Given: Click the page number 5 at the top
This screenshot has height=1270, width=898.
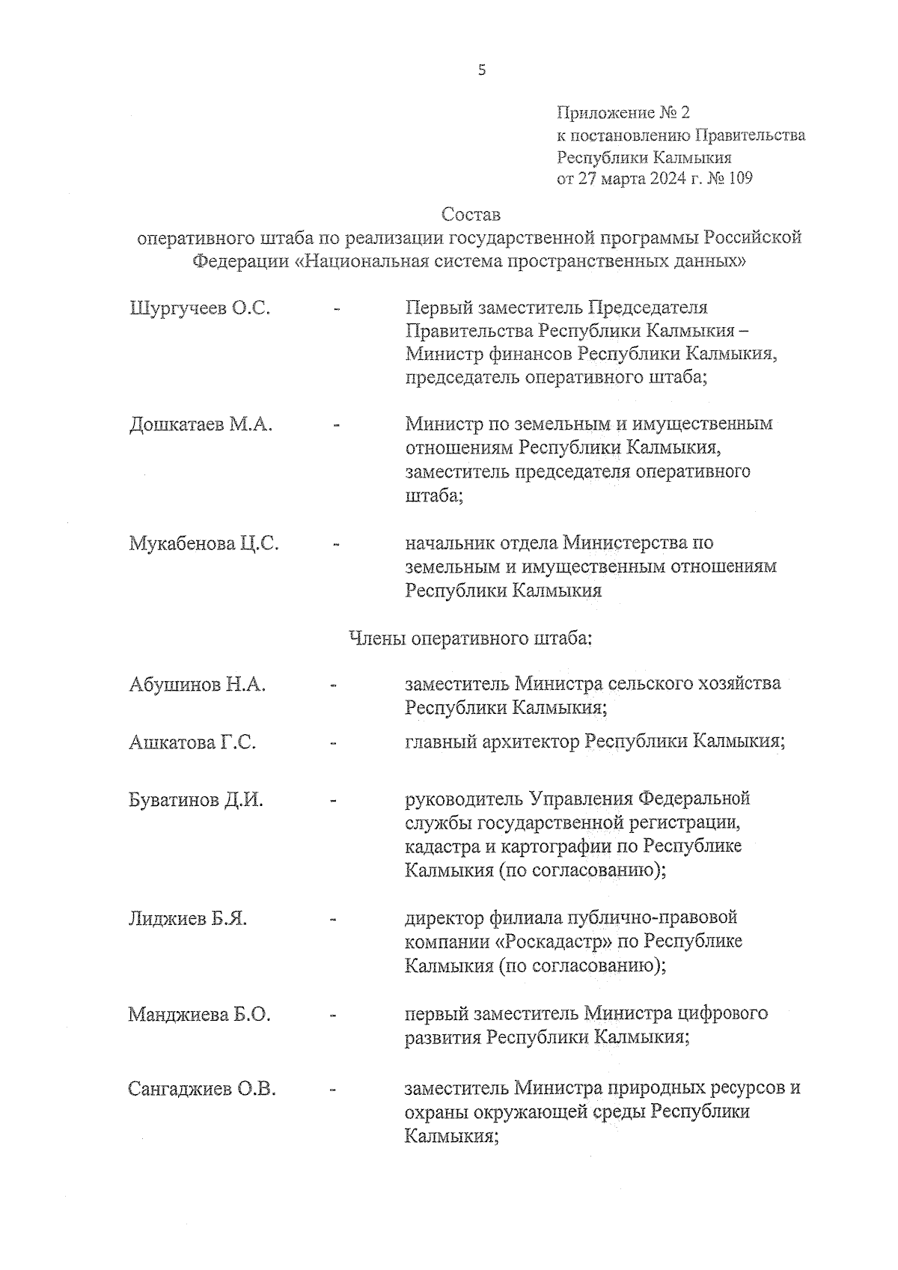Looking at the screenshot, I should (x=481, y=70).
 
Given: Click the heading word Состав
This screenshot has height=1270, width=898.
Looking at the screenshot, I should (x=470, y=215).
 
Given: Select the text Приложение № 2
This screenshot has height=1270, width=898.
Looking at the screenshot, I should (x=623, y=113).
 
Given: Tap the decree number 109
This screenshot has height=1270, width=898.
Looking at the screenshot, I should (x=739, y=179).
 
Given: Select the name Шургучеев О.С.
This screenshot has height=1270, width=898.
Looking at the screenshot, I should (x=200, y=308).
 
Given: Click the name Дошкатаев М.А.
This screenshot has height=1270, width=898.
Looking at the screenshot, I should (x=201, y=425).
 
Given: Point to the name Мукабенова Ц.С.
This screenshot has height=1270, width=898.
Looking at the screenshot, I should (x=204, y=543).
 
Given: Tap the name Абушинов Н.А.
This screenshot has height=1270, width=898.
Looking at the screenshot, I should (x=198, y=684).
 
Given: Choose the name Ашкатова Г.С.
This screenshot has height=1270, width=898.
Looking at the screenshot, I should (x=192, y=742).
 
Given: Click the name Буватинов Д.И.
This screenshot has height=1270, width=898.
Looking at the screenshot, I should (x=196, y=800).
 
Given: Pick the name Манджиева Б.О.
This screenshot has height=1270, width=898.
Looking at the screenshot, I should (x=200, y=1015).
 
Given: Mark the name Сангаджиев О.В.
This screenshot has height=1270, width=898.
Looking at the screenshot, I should (x=202, y=1089).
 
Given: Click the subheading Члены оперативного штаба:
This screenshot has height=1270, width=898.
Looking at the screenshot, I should (x=471, y=639).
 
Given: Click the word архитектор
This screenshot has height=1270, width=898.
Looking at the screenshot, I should (x=532, y=742).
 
